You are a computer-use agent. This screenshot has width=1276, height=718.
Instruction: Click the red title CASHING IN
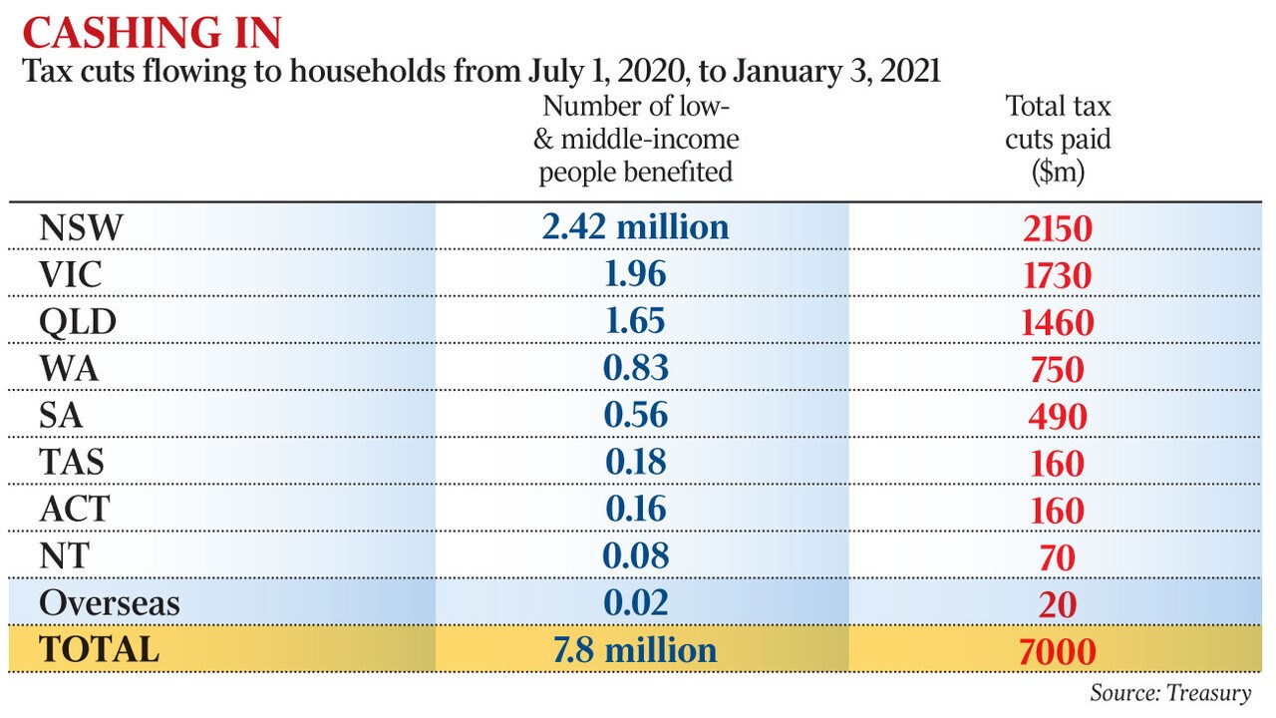tap(153, 33)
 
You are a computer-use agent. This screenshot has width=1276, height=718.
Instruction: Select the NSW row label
tap(81, 228)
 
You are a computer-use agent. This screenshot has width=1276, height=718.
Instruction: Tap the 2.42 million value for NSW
tap(635, 226)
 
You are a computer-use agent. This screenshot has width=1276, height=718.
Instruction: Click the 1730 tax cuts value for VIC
tap(1058, 276)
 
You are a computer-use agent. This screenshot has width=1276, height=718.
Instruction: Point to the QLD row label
tap(78, 322)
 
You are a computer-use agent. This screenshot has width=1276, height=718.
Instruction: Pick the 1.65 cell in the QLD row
tap(635, 321)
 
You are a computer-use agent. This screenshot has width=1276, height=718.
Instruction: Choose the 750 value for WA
tap(1058, 370)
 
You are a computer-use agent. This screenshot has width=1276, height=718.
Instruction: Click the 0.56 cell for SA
tap(635, 414)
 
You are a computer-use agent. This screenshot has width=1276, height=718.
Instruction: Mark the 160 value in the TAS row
tap(1058, 464)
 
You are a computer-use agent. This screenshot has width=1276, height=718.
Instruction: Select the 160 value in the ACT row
tap(1058, 511)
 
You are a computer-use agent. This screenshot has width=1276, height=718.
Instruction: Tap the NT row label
tap(65, 555)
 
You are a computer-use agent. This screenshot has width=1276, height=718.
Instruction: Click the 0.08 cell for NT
tap(635, 555)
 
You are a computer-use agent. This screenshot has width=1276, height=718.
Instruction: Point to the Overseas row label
tap(110, 603)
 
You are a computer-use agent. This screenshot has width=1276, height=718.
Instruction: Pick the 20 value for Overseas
tap(1058, 604)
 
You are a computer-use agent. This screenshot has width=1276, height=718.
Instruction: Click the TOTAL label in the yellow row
tap(99, 649)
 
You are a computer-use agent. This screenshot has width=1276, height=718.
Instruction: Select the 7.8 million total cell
tap(635, 650)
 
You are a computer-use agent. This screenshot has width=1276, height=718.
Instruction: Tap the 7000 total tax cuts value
tap(1058, 652)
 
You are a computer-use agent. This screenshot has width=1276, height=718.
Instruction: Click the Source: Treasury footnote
tap(1170, 693)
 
